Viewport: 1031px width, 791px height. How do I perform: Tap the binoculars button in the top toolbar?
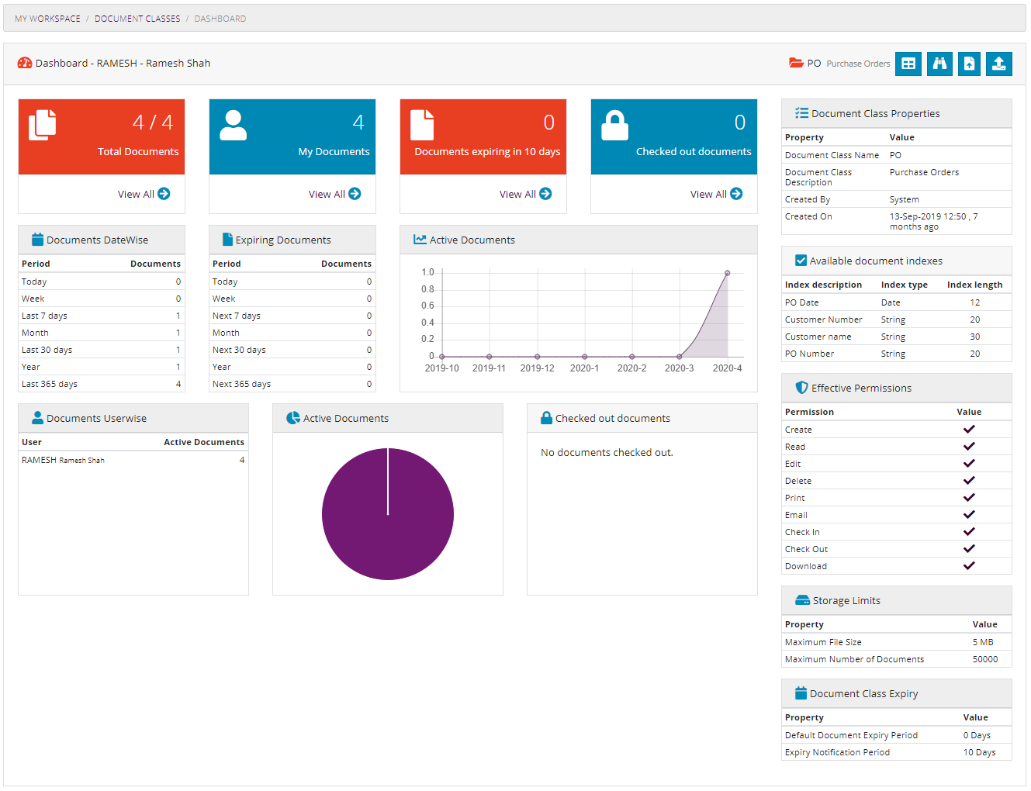point(939,64)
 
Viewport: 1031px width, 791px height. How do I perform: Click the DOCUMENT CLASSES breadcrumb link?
point(137,19)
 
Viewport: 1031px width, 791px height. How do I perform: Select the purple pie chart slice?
point(388,514)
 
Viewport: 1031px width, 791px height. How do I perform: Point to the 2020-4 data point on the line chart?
point(727,273)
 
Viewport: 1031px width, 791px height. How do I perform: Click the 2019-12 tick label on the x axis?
point(537,368)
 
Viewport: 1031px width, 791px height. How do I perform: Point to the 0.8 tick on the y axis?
point(427,289)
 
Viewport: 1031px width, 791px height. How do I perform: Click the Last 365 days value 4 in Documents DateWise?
point(178,384)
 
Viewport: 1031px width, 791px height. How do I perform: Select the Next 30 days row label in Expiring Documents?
point(239,350)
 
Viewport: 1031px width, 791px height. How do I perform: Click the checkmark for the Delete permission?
point(969,481)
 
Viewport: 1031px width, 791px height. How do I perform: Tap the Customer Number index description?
point(823,320)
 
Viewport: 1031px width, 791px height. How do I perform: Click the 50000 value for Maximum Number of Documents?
point(984,659)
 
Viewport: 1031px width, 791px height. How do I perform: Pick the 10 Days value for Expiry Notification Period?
point(979,752)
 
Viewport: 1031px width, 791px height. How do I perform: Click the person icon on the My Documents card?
point(233,125)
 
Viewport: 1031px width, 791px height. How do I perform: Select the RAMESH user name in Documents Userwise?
point(40,460)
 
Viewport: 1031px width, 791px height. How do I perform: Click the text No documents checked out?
point(607,452)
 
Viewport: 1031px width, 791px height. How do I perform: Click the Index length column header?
point(974,285)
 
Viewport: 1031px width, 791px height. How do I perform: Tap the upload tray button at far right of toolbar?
point(998,64)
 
